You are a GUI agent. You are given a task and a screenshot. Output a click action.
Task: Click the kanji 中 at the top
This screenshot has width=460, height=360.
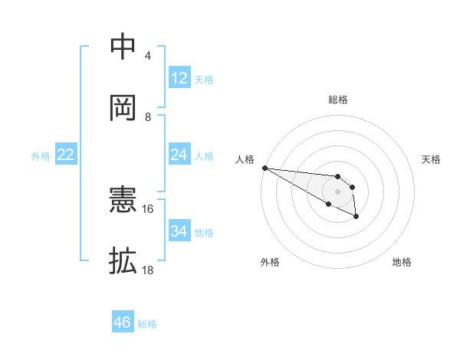[123, 47]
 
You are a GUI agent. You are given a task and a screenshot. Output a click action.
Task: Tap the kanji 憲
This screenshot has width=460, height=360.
[123, 201]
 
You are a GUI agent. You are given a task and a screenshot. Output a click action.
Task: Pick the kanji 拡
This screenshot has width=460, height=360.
[123, 260]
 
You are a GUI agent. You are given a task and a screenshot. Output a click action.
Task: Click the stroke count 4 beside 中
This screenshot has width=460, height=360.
[148, 56]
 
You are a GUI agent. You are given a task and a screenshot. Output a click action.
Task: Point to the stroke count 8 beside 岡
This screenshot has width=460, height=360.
[148, 116]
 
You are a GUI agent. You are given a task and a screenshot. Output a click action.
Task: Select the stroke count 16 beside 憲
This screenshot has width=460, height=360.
[148, 208]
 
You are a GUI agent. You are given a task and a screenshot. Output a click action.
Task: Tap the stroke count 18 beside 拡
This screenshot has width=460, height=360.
[148, 270]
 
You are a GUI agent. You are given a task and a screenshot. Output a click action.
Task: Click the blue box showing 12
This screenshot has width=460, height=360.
[179, 78]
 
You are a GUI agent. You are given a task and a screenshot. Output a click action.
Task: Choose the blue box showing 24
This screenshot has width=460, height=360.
[179, 155]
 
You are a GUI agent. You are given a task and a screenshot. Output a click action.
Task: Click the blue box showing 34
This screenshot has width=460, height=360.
[179, 231]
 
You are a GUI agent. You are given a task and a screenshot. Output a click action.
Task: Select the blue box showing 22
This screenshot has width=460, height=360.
[66, 155]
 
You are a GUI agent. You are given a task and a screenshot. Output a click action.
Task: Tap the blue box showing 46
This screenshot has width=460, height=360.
[123, 322]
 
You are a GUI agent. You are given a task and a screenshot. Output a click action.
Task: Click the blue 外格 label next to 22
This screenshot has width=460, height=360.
[41, 156]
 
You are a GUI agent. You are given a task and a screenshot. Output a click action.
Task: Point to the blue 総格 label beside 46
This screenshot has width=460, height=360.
[147, 324]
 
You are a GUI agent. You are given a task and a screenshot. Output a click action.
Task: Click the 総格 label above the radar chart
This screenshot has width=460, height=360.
[338, 100]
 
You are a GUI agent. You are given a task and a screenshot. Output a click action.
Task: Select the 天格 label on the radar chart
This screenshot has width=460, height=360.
[431, 159]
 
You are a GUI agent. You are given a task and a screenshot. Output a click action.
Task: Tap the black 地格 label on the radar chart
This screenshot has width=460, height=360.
[402, 262]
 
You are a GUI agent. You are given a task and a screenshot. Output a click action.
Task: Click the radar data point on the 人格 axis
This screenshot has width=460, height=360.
[264, 168]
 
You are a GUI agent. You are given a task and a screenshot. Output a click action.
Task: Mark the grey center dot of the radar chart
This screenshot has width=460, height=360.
[338, 191]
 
